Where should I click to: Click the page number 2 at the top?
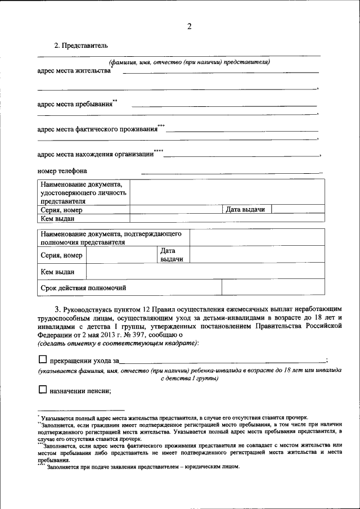tap(190, 26)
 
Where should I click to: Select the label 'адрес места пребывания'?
tap(74, 104)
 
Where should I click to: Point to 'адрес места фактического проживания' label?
tap(97, 129)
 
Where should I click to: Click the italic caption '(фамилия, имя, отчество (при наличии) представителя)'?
tap(190, 62)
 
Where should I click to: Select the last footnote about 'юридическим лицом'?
tap(143, 467)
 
